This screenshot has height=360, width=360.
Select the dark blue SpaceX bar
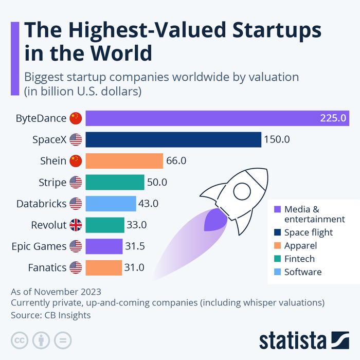pos(173,139)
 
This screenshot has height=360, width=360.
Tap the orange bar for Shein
pos(124,161)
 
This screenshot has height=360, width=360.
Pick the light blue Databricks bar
pos(111,203)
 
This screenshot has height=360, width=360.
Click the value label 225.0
pos(333,118)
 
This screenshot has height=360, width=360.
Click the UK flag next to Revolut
pos(76,225)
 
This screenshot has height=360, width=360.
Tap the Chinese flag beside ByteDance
pos(76,118)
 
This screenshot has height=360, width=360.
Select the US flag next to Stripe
pos(76,182)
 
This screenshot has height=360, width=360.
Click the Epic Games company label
pos(39,246)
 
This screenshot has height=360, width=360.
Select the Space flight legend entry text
pos(309,232)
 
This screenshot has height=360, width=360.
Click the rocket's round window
pos(242,192)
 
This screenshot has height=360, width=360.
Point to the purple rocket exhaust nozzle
pos(215,220)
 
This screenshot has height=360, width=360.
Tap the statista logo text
pos(292,340)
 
